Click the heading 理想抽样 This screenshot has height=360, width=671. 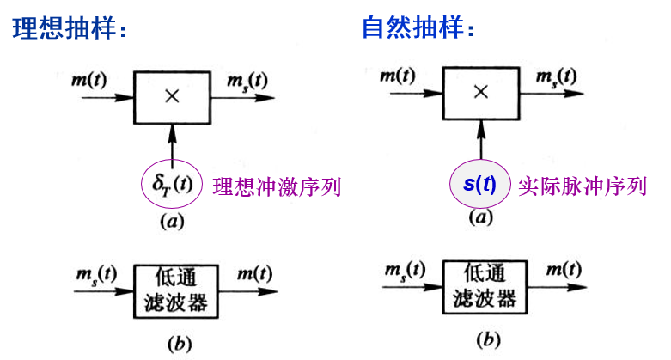(x=64, y=28)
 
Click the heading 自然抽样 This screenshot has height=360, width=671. (x=413, y=27)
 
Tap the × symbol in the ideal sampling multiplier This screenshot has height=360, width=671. (x=172, y=97)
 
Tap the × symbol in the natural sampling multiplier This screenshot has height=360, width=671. (x=481, y=92)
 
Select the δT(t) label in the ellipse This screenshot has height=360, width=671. (x=172, y=185)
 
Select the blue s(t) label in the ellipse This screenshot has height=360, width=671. (x=479, y=184)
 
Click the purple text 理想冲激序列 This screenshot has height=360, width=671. (x=277, y=186)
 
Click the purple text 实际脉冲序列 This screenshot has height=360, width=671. (x=583, y=186)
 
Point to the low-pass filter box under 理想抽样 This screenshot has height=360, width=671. (x=176, y=291)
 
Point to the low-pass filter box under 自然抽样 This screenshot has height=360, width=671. (x=485, y=287)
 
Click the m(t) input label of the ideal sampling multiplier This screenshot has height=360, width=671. (x=89, y=80)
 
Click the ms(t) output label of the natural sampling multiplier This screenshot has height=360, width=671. (x=557, y=77)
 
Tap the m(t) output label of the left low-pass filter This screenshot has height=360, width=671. (x=255, y=273)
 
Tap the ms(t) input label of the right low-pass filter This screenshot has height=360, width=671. (x=405, y=271)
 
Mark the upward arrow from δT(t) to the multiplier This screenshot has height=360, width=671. (x=172, y=145)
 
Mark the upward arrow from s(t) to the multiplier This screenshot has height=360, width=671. (x=481, y=139)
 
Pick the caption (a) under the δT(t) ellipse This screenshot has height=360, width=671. (x=172, y=222)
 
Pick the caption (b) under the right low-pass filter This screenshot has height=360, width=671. (x=488, y=340)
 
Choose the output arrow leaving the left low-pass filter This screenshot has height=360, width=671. (x=248, y=292)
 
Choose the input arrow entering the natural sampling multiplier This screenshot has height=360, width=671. (x=416, y=93)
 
